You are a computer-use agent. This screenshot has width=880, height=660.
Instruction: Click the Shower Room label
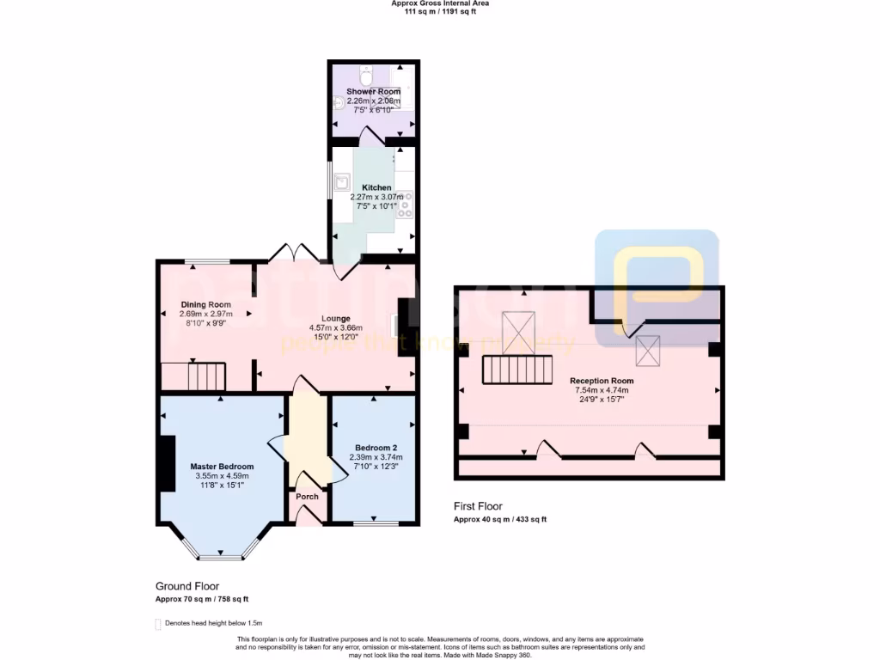pos(374,91)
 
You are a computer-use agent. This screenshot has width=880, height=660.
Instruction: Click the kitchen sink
pos(343,181)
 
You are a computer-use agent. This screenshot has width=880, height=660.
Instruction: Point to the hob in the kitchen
pos(404,204)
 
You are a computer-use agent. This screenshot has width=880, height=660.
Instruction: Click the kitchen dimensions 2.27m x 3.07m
pos(376,197)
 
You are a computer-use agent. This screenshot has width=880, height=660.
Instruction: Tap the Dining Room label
pos(205,304)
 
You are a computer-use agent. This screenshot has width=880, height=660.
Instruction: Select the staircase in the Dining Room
pos(193,376)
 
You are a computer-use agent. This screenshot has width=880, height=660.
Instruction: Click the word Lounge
pos(335,319)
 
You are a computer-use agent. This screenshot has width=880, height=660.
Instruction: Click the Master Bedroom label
pos(222,467)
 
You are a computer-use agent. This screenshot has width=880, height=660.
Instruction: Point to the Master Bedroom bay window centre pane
pos(221,557)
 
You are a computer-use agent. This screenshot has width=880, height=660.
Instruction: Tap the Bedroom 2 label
pos(376,448)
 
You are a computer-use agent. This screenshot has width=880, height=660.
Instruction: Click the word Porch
pos(307,497)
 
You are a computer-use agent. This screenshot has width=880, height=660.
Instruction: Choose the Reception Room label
pos(602,381)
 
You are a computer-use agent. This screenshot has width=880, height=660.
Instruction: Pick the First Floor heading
pos(478,506)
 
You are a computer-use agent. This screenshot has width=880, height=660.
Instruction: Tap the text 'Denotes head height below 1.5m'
pos(213,623)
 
